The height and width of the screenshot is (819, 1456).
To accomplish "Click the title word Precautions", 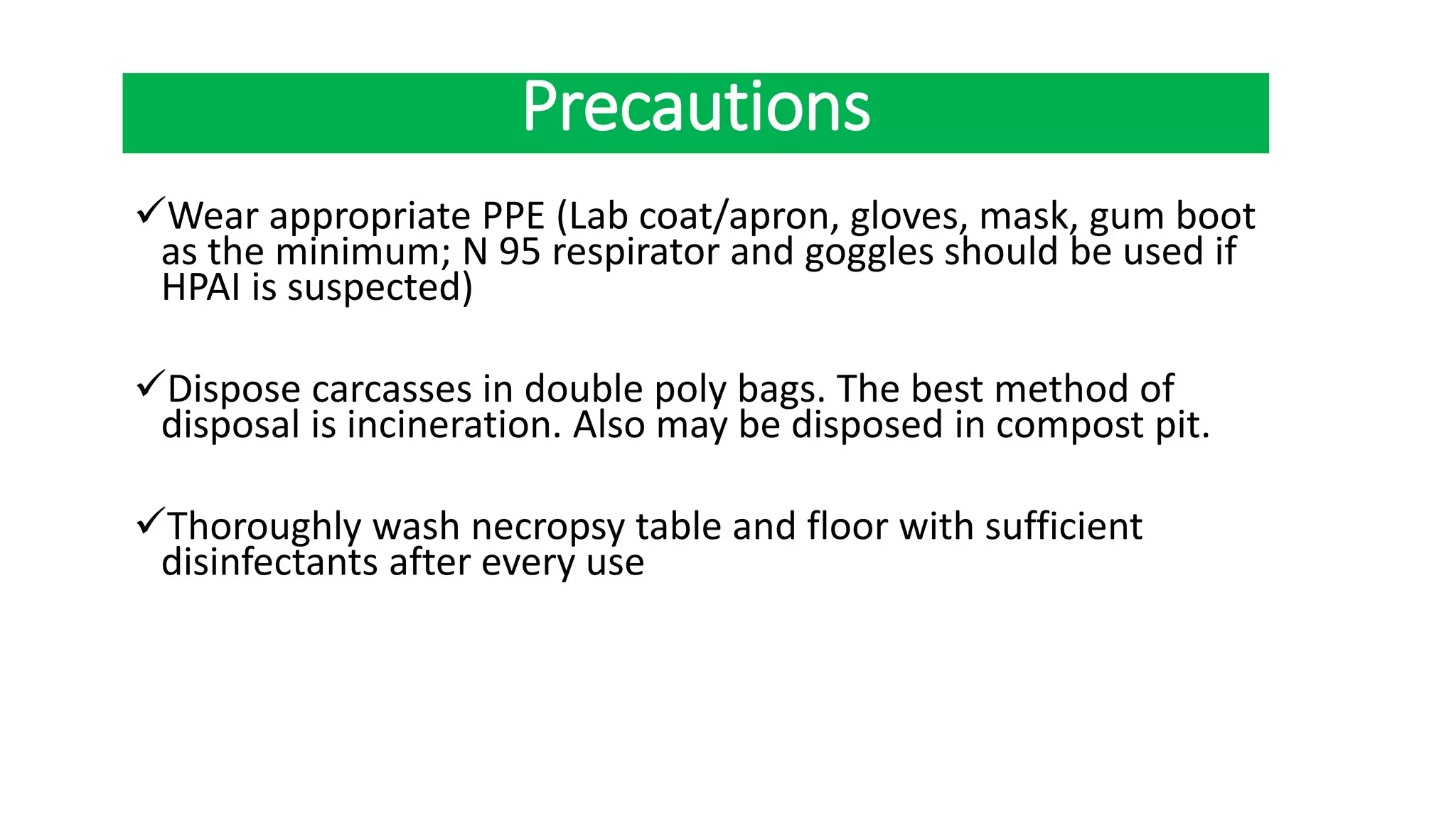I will tap(696, 108).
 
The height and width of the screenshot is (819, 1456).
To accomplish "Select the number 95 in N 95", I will tap(520, 252).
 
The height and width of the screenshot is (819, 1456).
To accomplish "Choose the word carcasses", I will tap(392, 390).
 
